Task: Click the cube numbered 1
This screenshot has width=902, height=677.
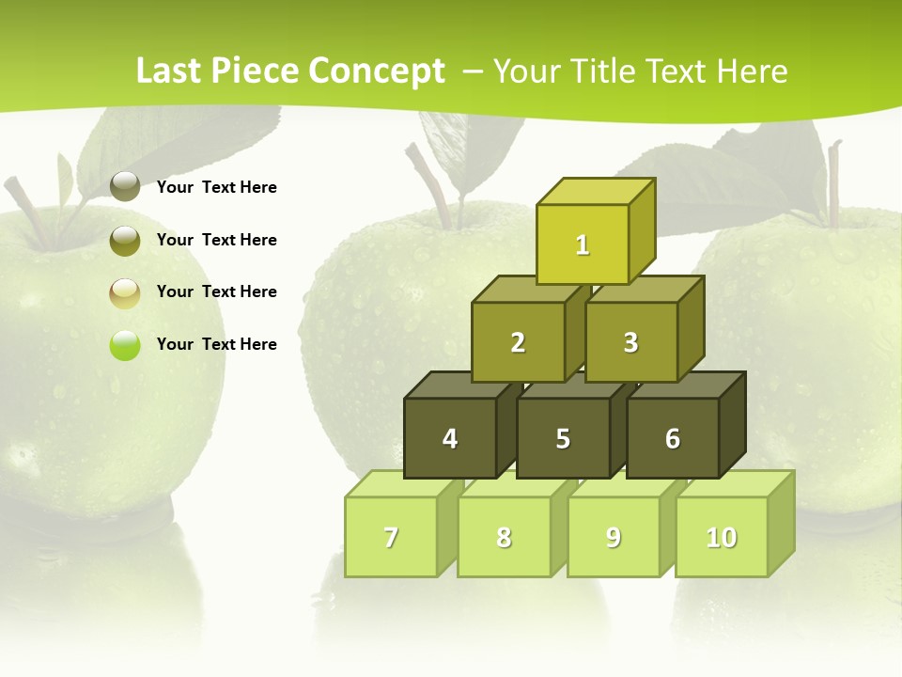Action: (x=583, y=244)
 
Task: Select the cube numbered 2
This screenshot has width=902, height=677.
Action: (x=518, y=342)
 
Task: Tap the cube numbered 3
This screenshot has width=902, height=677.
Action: (x=630, y=342)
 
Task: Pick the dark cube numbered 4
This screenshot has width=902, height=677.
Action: (x=450, y=438)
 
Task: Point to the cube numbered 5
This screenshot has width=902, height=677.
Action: (x=563, y=438)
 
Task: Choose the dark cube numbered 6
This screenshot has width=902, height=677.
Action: (x=673, y=438)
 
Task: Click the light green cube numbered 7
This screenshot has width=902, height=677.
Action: (x=391, y=537)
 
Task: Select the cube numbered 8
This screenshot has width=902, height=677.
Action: (x=504, y=537)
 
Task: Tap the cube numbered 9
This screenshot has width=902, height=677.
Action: (x=614, y=537)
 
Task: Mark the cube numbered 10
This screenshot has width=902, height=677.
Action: (x=722, y=537)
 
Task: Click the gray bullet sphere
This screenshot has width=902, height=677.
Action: (x=125, y=187)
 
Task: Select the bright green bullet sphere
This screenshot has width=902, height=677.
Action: (x=125, y=344)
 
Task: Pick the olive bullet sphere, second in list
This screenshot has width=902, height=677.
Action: (x=125, y=240)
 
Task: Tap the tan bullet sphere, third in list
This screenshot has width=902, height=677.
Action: (x=125, y=292)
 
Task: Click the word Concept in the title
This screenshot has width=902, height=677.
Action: (x=376, y=71)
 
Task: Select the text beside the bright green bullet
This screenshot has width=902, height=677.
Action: (x=217, y=344)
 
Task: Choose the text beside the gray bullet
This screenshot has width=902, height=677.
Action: (x=217, y=187)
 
